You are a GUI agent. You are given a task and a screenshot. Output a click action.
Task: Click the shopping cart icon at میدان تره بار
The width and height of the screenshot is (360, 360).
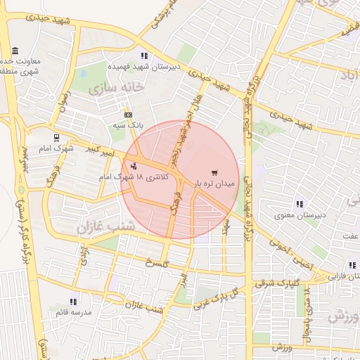214,173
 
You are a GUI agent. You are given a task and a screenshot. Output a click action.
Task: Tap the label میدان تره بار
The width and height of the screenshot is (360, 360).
212,184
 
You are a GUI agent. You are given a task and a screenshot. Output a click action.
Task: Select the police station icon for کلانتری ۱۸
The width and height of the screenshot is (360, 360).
134,166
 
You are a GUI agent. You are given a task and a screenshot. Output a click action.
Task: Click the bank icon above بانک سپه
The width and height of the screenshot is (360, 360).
128,114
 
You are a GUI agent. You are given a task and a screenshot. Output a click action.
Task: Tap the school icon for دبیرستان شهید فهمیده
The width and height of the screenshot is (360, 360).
144,56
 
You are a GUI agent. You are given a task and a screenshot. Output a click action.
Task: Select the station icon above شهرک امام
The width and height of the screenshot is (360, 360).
57,138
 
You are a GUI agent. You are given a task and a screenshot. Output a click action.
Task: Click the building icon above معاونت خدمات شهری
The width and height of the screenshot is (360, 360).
15,51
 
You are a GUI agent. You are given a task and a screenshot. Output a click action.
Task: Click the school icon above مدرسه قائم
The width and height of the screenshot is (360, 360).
74,302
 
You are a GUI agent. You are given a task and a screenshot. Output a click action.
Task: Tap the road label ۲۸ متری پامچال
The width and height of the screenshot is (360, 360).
307,320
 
